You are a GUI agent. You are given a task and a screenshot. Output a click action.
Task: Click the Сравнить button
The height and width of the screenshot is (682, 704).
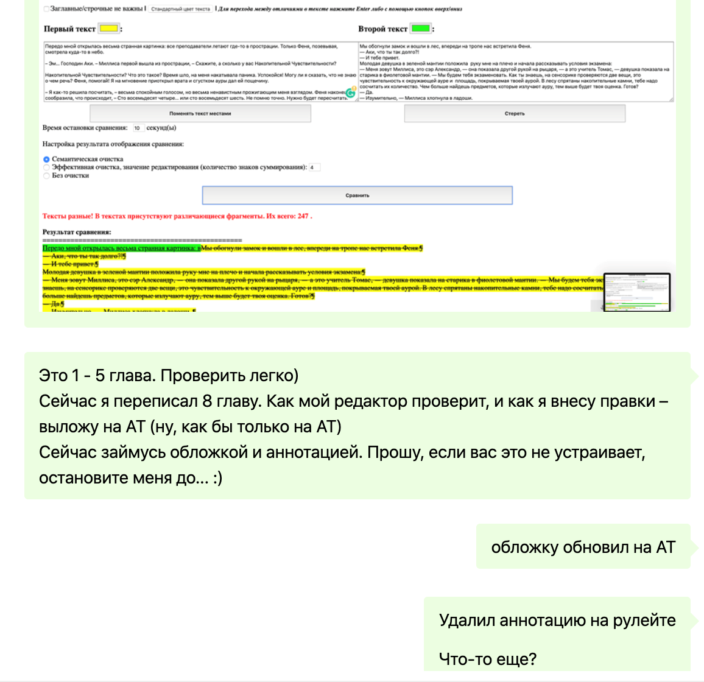357,195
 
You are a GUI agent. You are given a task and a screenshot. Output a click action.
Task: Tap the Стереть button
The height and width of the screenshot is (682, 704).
515,113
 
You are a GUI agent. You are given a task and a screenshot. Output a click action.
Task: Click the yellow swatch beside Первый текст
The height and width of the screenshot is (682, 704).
109,29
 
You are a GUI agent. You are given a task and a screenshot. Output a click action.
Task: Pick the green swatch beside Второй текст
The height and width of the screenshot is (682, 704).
420,29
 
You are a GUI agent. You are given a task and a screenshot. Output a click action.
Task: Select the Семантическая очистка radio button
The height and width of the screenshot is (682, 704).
46,160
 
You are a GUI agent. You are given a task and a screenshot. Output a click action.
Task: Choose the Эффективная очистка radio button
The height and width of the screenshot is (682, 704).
46,167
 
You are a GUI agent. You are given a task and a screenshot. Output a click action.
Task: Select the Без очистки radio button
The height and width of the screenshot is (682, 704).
46,176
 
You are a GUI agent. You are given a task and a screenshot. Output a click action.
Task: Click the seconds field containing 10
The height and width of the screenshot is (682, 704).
138,128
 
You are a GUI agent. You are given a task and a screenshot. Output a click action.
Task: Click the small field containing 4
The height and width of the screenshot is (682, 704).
314,167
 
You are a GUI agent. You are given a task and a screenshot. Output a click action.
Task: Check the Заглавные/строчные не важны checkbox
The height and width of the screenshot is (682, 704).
47,9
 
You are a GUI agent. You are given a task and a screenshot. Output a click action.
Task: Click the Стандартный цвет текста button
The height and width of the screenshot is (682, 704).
181,9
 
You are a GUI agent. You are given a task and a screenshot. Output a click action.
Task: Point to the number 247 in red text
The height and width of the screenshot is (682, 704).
303,216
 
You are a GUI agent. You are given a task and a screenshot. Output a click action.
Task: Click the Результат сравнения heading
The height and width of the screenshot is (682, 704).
77,232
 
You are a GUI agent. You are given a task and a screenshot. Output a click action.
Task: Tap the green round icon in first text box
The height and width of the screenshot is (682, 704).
351,93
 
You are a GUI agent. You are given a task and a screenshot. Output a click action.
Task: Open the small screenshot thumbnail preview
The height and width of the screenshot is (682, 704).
636,292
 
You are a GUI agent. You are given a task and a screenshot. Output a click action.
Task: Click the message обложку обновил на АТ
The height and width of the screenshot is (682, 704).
583,547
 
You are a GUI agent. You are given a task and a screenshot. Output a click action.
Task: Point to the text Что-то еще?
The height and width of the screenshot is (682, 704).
487,658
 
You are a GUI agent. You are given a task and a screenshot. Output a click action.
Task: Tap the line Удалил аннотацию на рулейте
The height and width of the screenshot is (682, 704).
557,620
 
